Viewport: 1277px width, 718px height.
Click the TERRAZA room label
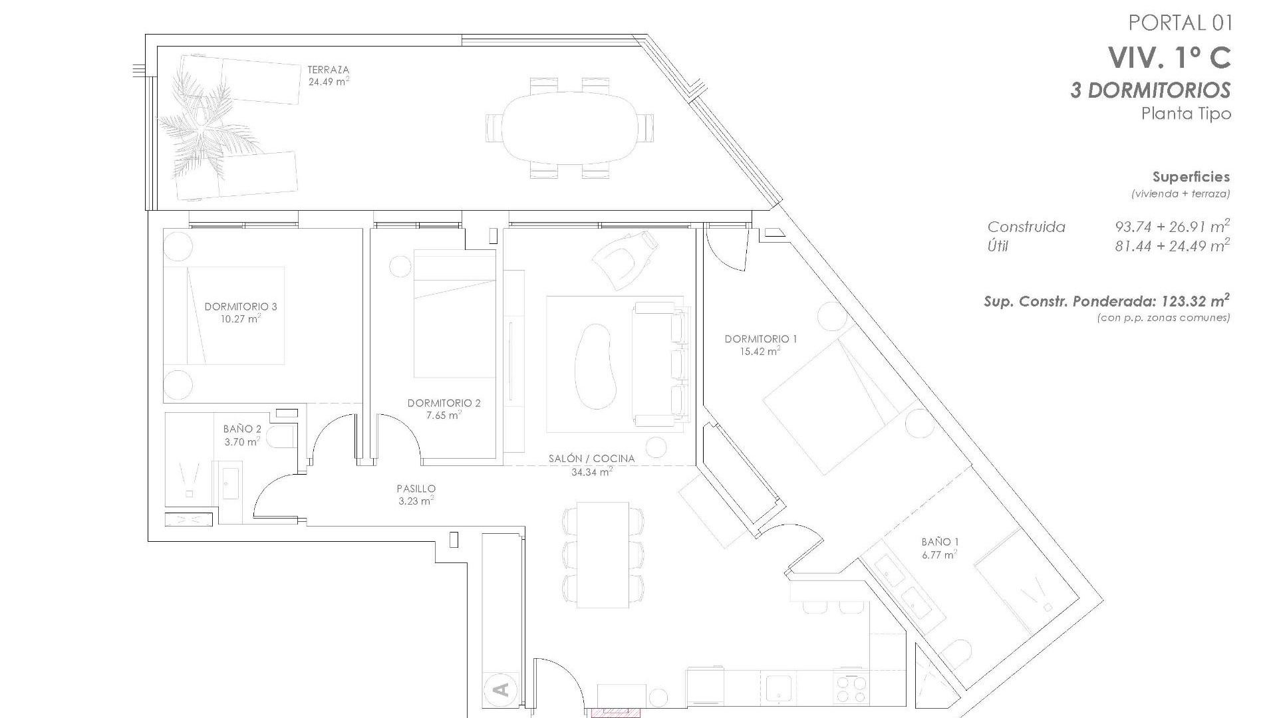click(x=328, y=70)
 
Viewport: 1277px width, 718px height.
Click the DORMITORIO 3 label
click(x=240, y=306)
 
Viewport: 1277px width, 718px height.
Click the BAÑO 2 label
click(x=242, y=429)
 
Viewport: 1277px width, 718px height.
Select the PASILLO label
click(x=416, y=489)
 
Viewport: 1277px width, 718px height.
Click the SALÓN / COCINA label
click(x=591, y=459)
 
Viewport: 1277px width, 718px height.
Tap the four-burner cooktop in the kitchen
click(x=851, y=689)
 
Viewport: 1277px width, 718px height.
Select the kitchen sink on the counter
click(x=778, y=689)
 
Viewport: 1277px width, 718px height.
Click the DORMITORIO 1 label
click(x=760, y=339)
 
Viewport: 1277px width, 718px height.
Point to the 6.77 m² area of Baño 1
click(x=939, y=554)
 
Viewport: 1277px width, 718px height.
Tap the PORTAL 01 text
click(x=1180, y=23)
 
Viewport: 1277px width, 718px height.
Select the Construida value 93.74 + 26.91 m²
click(x=1171, y=227)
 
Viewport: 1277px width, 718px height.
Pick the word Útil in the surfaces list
click(x=998, y=247)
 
